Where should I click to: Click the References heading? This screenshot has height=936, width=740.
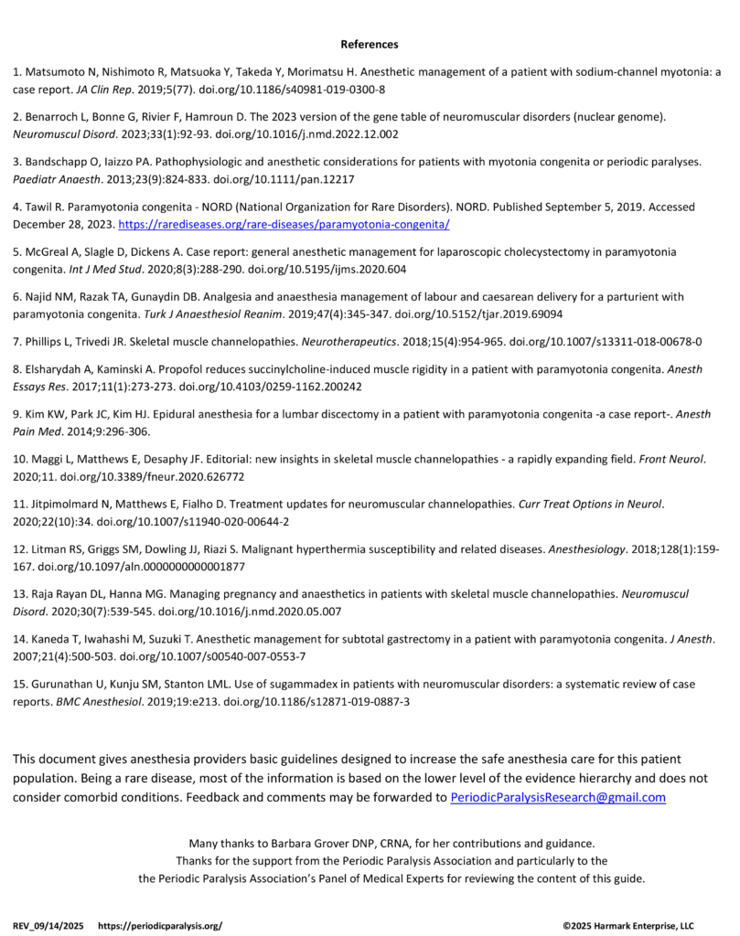tap(370, 44)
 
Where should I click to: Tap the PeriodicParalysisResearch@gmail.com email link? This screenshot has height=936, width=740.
tap(558, 797)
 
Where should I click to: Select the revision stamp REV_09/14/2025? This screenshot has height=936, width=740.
tap(48, 925)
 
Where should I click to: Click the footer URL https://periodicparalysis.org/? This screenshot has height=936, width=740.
tap(159, 925)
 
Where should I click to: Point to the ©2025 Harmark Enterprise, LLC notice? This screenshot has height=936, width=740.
tap(628, 925)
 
